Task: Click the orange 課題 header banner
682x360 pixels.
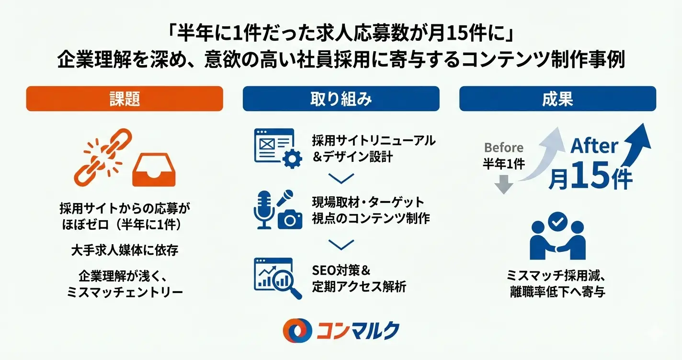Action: (125, 99)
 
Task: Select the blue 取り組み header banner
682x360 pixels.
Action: (341, 99)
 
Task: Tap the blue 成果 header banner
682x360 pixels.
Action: (558, 99)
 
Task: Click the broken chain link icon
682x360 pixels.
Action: (103, 157)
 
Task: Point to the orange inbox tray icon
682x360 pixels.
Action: (154, 169)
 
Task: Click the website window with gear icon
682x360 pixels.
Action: (278, 148)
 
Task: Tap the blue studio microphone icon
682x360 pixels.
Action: (264, 210)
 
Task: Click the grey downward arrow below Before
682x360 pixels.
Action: (503, 184)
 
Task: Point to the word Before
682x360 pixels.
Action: (503, 147)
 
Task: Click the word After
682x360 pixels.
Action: (594, 146)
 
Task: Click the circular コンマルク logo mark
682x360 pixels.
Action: (297, 330)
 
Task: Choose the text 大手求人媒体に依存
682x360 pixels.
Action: (125, 250)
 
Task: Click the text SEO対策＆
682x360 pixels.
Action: (341, 270)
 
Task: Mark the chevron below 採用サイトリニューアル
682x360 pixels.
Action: (341, 178)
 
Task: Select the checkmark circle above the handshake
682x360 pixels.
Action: (557, 222)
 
